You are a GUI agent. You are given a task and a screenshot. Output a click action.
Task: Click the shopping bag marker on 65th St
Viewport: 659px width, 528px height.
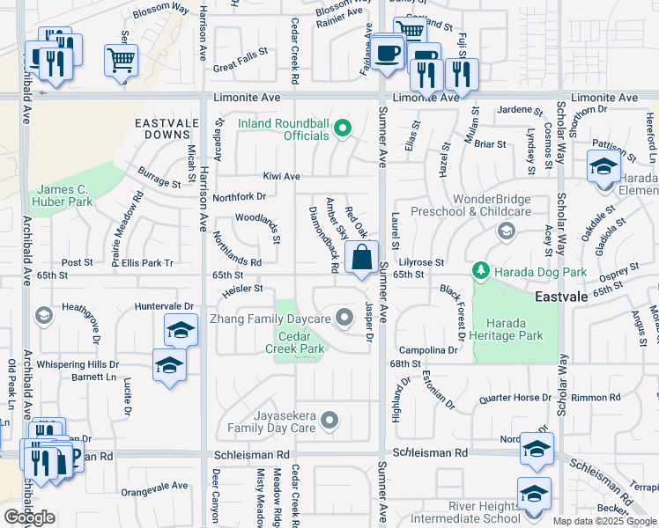362,259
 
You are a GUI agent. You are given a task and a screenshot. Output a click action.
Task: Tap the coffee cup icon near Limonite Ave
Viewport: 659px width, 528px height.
385,52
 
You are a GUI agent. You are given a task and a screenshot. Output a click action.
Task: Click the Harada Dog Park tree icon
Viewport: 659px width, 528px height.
480,268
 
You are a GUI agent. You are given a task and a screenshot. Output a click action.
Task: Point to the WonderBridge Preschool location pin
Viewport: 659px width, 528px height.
506,231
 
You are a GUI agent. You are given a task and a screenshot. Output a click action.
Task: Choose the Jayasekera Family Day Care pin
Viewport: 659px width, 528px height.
329,421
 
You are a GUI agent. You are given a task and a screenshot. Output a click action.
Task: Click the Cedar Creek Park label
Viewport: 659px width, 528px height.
301,342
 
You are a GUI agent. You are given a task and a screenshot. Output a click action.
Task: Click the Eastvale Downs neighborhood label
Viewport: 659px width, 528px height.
163,128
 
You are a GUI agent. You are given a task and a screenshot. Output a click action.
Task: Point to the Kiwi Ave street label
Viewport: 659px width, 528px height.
280,176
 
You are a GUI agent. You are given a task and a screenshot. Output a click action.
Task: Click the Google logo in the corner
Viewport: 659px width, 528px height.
29,517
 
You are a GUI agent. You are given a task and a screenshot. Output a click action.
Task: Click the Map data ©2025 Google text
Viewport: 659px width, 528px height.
604,521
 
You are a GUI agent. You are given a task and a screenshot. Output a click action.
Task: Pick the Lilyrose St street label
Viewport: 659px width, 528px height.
421,262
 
